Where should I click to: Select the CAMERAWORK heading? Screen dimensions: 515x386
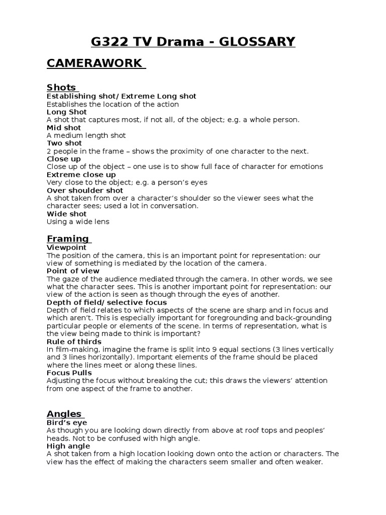[95, 64]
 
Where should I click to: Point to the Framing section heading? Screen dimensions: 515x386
[68, 238]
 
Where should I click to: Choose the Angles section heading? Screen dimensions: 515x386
[64, 414]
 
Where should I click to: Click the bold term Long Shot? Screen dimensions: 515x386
[66, 112]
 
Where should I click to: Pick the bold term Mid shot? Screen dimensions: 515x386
[64, 128]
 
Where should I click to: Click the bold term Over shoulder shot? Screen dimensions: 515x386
[84, 190]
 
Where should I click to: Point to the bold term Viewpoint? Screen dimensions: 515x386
[66, 247]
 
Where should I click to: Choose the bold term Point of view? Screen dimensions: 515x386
[73, 271]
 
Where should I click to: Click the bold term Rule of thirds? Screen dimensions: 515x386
[74, 341]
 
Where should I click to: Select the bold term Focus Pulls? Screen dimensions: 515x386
[69, 373]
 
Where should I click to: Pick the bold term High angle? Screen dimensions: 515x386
[68, 446]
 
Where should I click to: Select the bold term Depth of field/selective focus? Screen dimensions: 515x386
[107, 302]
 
